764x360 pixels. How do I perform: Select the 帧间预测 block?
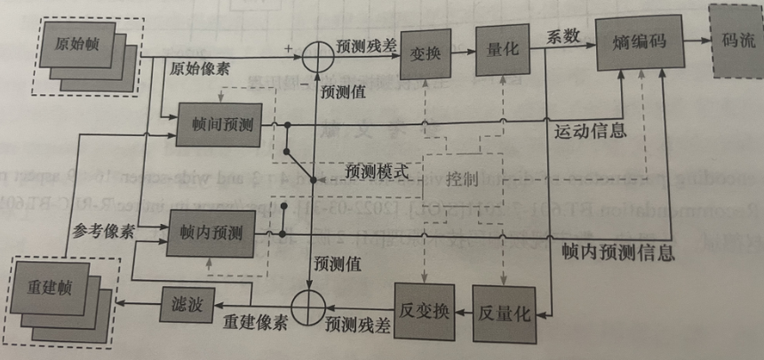(216, 125)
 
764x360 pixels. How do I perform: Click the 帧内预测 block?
(217, 234)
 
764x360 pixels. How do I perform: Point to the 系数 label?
(562, 37)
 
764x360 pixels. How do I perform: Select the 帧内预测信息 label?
(617, 252)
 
